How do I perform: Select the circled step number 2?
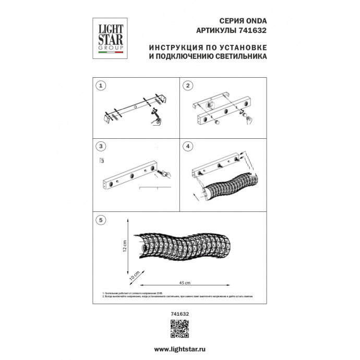189,85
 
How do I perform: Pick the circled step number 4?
189,146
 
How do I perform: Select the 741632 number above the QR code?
180,314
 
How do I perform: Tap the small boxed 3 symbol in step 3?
102,160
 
